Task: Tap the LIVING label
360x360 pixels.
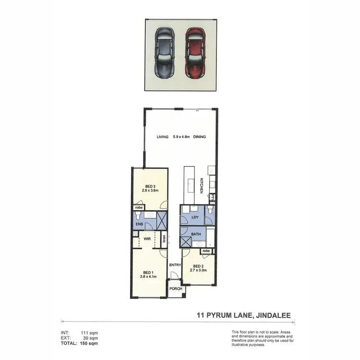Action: (x=163, y=137)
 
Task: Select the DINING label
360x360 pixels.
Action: (x=199, y=137)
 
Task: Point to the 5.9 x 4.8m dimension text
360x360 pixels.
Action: (x=181, y=137)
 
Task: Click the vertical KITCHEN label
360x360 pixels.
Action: (x=202, y=186)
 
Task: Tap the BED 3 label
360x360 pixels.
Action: (x=150, y=187)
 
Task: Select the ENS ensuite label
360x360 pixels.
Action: (x=139, y=224)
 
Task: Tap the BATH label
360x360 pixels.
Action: (x=195, y=234)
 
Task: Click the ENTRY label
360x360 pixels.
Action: (x=174, y=264)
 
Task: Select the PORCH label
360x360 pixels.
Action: (x=176, y=289)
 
